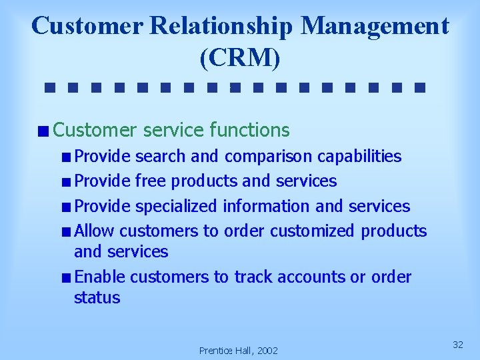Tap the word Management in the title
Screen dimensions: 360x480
(x=375, y=27)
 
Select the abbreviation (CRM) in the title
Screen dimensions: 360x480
(x=240, y=58)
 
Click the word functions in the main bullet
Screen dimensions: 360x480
(x=249, y=129)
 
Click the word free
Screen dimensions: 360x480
(x=151, y=181)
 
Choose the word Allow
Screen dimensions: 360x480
(x=94, y=231)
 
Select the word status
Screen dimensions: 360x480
(x=97, y=297)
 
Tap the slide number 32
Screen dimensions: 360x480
(x=457, y=345)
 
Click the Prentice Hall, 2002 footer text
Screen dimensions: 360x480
(x=239, y=351)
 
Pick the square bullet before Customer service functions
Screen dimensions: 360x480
(x=43, y=131)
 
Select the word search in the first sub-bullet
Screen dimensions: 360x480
(x=161, y=157)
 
